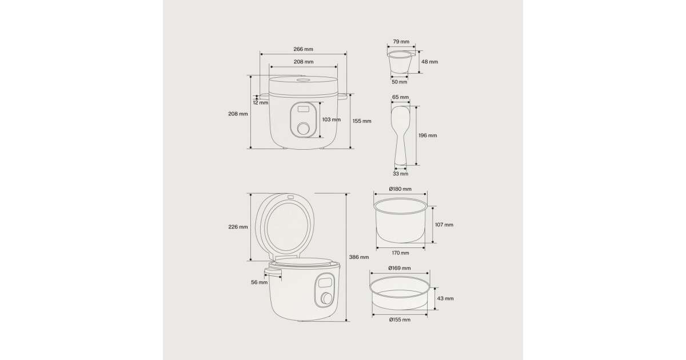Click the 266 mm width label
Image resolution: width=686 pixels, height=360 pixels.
303,49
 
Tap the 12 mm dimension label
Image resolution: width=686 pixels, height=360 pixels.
260,103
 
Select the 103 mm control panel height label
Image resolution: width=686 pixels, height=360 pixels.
332,119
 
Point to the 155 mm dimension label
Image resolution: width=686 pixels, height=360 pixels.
362,121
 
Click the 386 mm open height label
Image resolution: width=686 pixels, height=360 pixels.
359,257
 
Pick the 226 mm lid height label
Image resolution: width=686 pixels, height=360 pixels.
238,227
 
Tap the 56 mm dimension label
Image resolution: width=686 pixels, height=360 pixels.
259,282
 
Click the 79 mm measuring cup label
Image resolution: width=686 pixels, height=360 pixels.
401,42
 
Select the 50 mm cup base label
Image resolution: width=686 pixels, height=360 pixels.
400,82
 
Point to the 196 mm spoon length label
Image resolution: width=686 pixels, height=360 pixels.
428,135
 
